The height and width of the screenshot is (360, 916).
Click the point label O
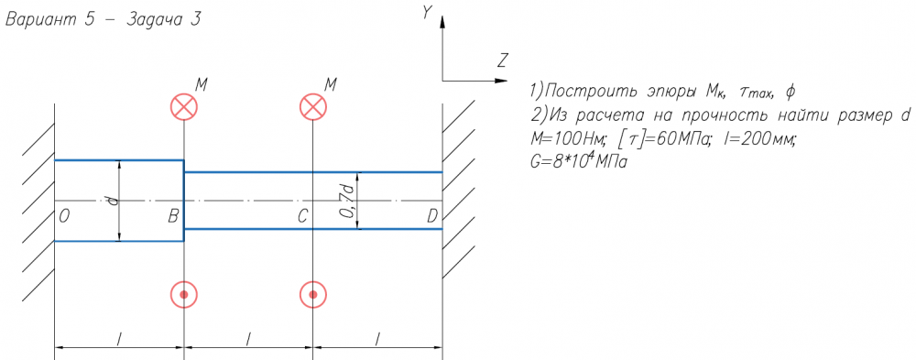(x=65, y=217)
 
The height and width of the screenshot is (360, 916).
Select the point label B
(x=173, y=217)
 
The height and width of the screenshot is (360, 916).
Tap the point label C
(x=302, y=217)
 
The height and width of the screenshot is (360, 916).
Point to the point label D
(x=432, y=217)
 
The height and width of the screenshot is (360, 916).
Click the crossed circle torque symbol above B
(x=184, y=107)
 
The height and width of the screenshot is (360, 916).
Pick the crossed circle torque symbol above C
(x=313, y=107)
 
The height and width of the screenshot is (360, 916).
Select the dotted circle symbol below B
(x=184, y=294)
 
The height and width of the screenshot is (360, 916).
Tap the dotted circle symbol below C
(x=313, y=294)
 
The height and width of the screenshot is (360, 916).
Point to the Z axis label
(x=503, y=60)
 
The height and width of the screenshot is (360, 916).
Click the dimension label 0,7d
(x=349, y=201)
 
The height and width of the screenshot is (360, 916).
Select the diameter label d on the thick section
(x=114, y=201)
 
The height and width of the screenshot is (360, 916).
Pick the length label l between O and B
(x=119, y=338)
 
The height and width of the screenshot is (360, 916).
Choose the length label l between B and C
(x=248, y=338)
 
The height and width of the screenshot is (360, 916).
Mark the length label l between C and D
(x=378, y=338)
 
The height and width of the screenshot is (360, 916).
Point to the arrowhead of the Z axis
(x=507, y=80)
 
